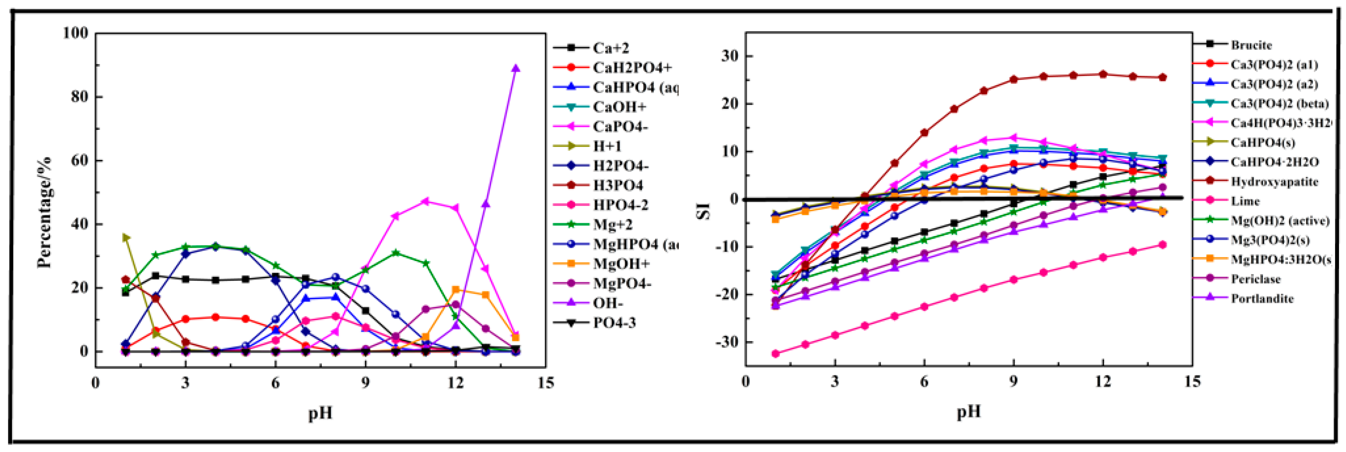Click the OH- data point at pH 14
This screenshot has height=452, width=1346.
pos(516,69)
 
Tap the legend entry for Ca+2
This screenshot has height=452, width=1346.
pos(610,48)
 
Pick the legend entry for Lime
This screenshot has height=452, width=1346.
pos(1245,201)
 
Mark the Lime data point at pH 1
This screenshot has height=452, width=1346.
pos(776,354)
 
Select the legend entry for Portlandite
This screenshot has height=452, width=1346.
pos(1261,299)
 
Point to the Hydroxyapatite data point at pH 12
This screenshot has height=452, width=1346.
pos(1103,74)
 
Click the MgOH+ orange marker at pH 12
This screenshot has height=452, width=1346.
pos(456,289)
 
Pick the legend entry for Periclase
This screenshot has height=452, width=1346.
pos(1255,279)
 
